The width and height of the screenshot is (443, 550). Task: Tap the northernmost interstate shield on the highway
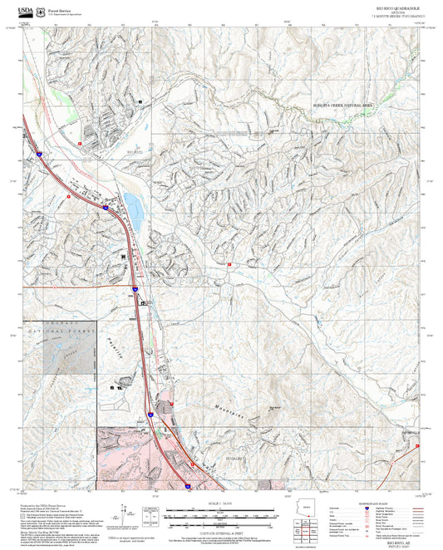[x=39, y=154]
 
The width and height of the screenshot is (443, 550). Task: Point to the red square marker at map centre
[x=229, y=264]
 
